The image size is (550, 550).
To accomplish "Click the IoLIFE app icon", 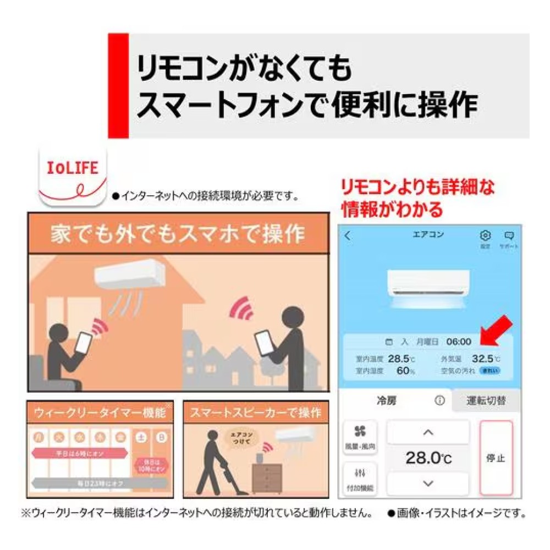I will point(71,177).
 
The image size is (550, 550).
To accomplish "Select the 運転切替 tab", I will point(486,401).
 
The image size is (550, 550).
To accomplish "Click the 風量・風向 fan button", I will point(361,438).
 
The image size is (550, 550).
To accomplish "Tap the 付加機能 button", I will point(361,479).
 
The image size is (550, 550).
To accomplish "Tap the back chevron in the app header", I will point(347,236).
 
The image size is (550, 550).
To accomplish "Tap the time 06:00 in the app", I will point(458,342).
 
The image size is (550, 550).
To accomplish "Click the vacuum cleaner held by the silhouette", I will point(223,477).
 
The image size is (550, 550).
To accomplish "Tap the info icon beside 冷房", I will point(439,401).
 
